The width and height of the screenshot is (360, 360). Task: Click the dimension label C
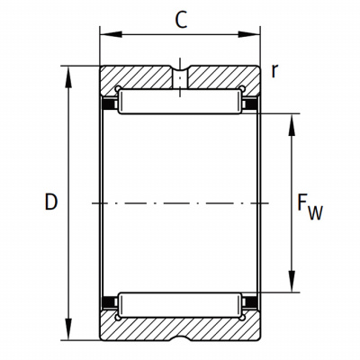coord(181,20)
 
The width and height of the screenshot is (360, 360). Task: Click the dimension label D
coord(51,202)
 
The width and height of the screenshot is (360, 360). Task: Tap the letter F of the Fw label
coord(302,202)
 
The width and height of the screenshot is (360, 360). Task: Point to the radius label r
coord(274,71)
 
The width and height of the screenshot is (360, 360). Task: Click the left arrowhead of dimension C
coord(111,34)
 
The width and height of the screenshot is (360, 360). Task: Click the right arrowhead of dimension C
coord(249,34)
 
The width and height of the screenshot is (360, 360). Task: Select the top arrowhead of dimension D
coord(68,76)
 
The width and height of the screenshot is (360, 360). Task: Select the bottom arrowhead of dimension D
coord(68,329)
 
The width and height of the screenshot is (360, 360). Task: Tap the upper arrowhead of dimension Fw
coord(292,125)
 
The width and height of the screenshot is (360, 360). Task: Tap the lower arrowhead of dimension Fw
coord(292,281)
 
